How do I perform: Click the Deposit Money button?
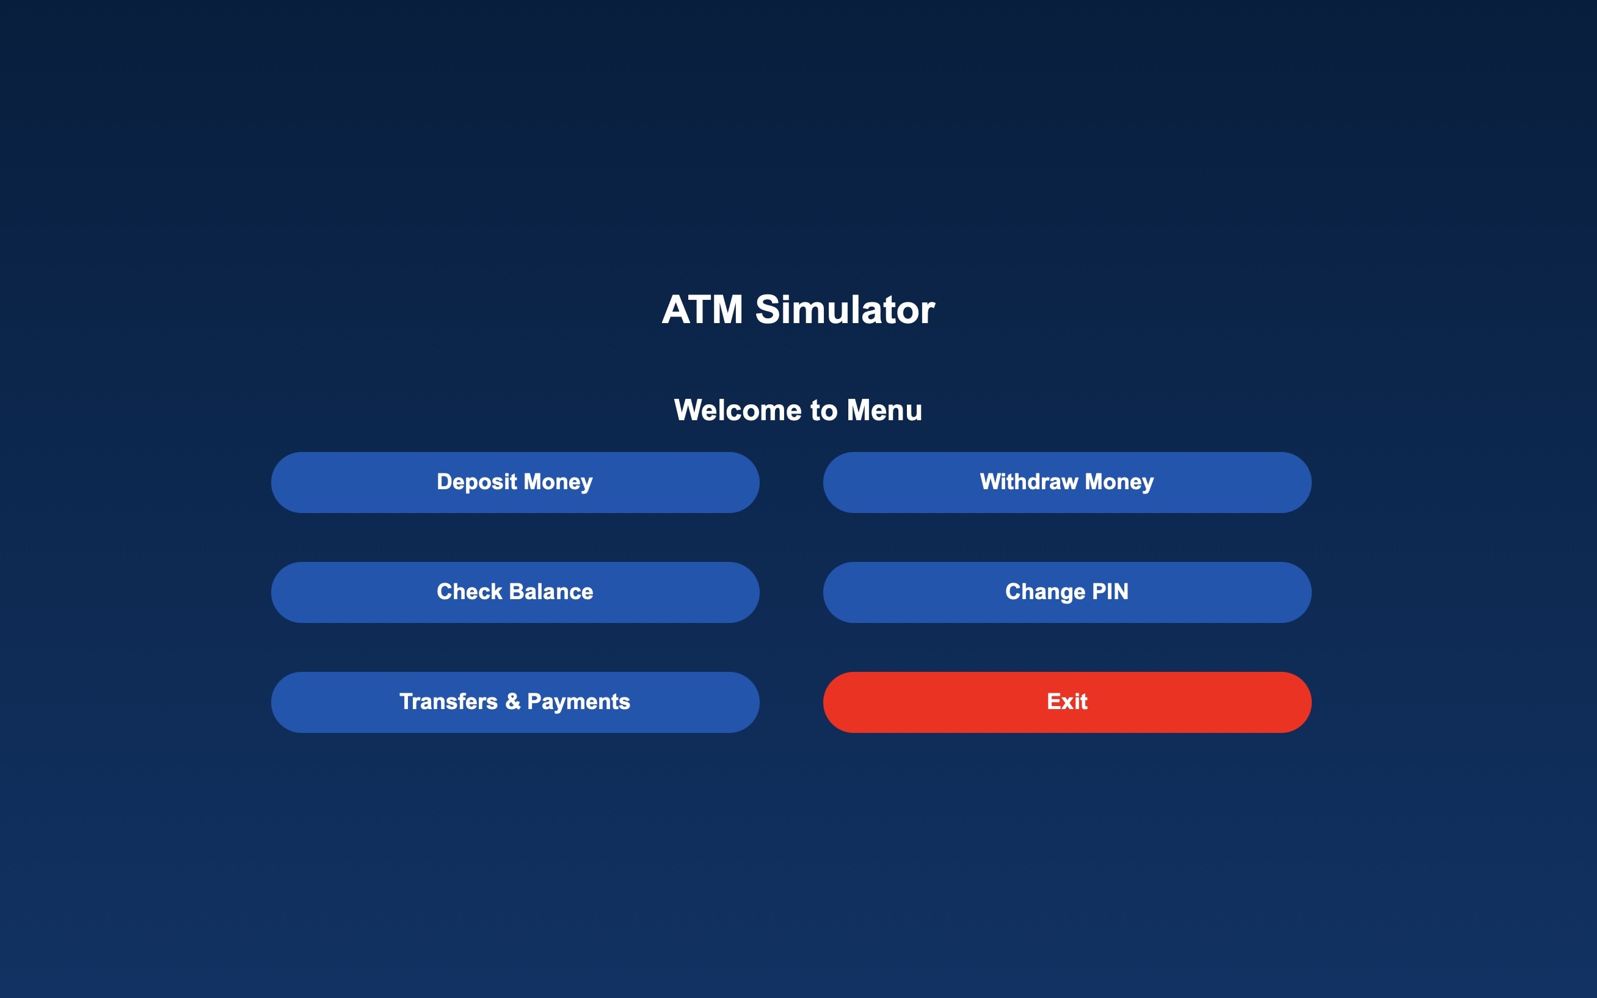point(515,483)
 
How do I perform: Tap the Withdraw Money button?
point(1067,483)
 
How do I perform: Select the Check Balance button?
point(515,592)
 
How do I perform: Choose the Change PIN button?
point(1067,592)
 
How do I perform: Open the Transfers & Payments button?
point(515,702)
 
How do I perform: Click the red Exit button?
point(1067,702)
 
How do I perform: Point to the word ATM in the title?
point(702,310)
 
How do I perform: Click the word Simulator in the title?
point(845,310)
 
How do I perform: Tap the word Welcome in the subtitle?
point(738,410)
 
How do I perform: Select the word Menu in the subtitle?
point(884,410)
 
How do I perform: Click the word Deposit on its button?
point(477,483)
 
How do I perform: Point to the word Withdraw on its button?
point(1030,482)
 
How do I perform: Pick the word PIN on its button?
point(1110,591)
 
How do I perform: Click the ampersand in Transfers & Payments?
point(513,702)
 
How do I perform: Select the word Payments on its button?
point(579,702)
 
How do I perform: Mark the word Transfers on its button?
point(449,702)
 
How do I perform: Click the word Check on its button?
point(470,592)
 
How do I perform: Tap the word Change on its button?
point(1046,592)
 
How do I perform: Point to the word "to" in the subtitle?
point(824,410)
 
